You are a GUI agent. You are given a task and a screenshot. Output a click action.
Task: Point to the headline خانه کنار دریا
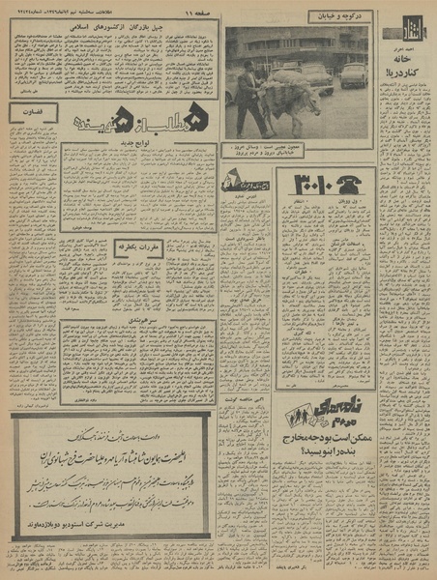pyautogui.click(x=401, y=64)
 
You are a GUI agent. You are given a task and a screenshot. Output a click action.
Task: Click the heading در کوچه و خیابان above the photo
pyautogui.click(x=338, y=16)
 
